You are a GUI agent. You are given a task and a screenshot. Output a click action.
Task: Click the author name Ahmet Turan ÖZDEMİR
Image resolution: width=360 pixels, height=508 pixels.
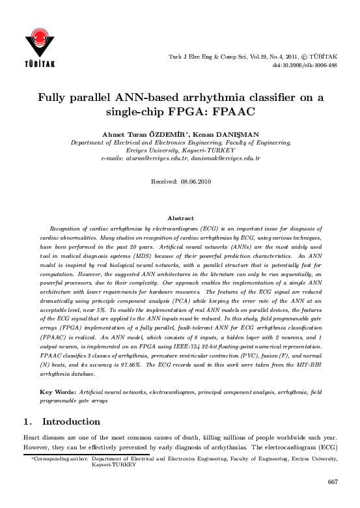[x=138, y=133]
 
